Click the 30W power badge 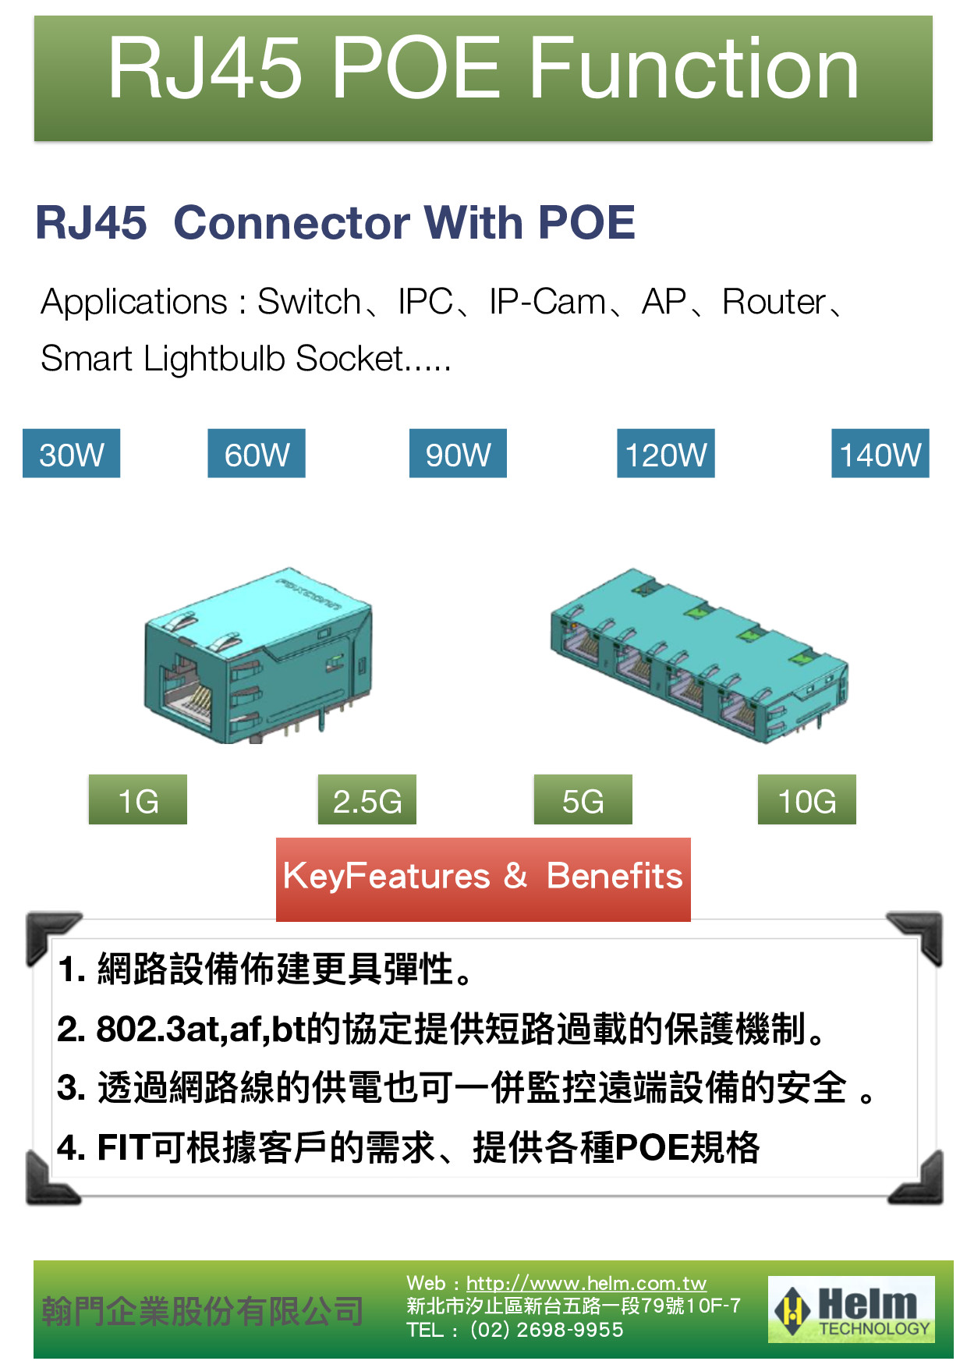[71, 454]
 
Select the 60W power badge [257, 454]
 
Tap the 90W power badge [458, 454]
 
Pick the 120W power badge [666, 454]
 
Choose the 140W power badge [880, 454]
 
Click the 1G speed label [138, 800]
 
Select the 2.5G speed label [367, 800]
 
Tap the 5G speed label [583, 800]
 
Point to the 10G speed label [807, 800]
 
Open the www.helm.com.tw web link [586, 1283]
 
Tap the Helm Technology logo [852, 1310]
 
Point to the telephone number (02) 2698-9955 [547, 1330]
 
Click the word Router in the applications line [774, 302]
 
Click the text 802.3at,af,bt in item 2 [200, 1030]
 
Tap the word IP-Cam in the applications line [547, 302]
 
